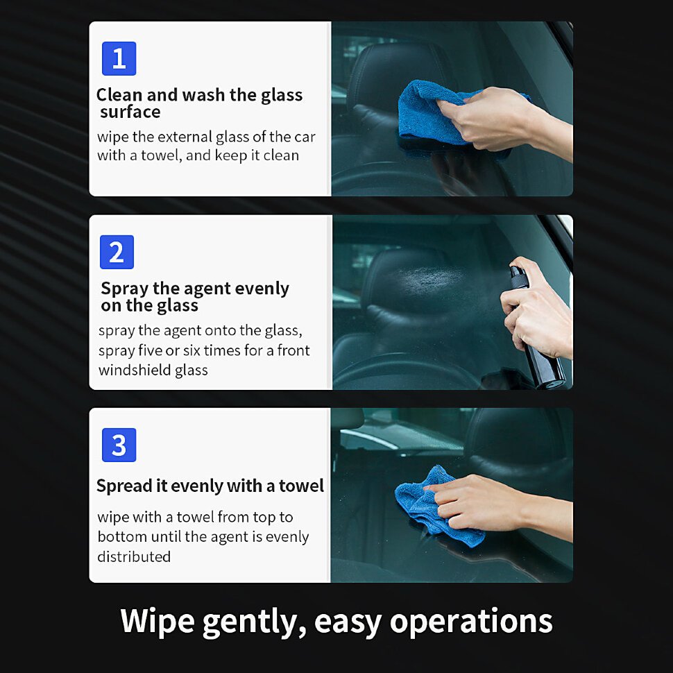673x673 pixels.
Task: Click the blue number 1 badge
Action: [119, 58]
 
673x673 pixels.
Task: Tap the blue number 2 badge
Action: [117, 252]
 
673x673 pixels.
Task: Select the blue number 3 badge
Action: [119, 445]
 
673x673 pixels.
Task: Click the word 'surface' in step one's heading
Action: [130, 112]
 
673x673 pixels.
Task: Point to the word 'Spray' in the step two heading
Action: [124, 289]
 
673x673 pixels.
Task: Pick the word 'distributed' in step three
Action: [134, 556]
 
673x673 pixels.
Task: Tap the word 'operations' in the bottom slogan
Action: [471, 622]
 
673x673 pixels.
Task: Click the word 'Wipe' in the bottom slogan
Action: [157, 622]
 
